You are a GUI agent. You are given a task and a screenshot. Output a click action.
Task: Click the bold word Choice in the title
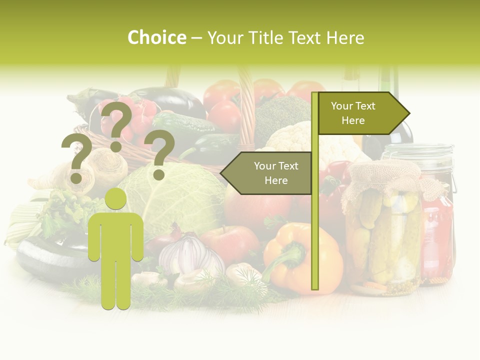(x=156, y=37)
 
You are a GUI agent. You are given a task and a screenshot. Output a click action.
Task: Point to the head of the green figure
(x=116, y=198)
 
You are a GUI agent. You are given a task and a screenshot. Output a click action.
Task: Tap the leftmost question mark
(x=76, y=158)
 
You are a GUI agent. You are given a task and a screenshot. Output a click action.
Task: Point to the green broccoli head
(x=282, y=115)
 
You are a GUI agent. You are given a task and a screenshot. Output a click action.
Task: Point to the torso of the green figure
(x=116, y=235)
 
